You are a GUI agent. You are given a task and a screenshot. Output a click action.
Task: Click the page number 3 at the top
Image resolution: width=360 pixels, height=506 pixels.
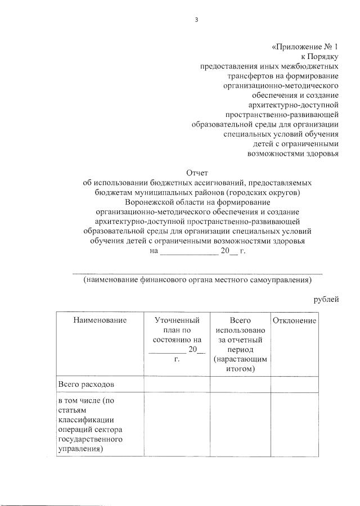196,20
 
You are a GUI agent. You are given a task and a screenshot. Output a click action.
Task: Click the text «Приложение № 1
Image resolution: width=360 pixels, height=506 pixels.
304,48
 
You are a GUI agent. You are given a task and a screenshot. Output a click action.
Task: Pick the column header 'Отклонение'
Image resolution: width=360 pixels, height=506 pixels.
294,320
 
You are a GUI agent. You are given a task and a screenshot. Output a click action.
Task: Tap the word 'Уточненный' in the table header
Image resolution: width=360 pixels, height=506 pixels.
177,320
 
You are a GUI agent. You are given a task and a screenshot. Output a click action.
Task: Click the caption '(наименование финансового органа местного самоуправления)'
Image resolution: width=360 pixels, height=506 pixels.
197,279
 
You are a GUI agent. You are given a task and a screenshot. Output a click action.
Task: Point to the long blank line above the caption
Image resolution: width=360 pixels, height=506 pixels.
198,272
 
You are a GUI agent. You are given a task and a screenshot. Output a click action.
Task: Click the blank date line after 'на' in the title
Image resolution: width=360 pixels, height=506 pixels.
189,253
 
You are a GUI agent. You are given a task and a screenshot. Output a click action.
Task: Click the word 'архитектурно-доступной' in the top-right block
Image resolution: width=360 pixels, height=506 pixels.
293,105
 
